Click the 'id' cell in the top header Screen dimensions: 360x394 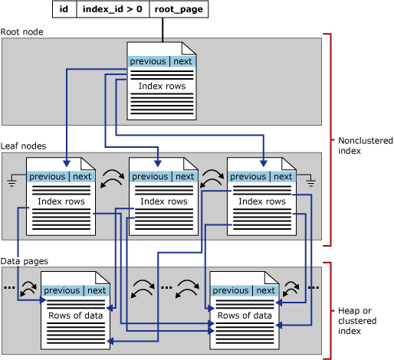click(64, 9)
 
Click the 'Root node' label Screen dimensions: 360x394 click(22, 32)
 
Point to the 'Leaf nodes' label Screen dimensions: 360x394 click(24, 146)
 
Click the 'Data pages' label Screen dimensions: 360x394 click(24, 260)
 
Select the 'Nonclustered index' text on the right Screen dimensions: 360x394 click(365, 146)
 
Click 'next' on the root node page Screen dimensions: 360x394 click(183, 61)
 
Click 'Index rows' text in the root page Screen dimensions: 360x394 click(162, 87)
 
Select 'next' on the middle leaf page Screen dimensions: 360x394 click(185, 176)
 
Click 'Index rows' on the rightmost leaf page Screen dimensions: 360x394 click(259, 201)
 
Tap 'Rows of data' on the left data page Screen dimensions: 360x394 click(74, 316)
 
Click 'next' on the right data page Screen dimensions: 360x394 click(265, 290)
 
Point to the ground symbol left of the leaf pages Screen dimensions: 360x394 click(12, 181)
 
